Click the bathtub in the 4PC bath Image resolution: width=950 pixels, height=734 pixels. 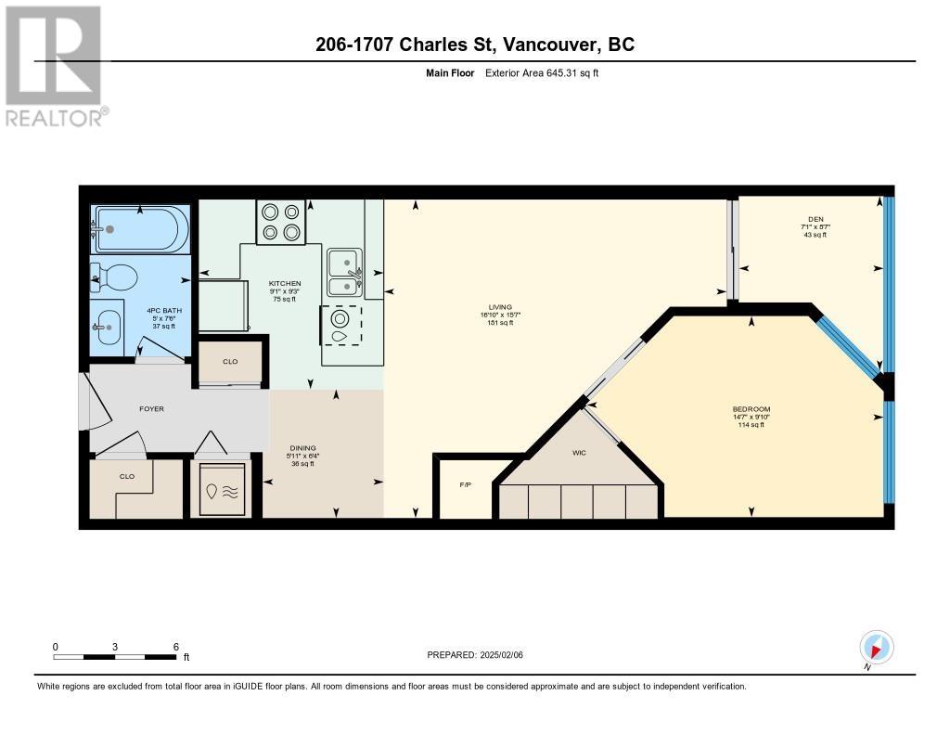(x=140, y=228)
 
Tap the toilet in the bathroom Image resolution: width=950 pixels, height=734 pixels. (x=116, y=277)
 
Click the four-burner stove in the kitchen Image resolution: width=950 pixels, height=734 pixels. (x=280, y=223)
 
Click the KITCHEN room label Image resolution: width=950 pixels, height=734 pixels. (x=285, y=283)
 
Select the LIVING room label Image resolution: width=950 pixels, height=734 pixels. (x=501, y=306)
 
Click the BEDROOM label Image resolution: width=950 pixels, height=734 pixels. (x=751, y=409)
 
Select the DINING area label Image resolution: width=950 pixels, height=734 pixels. (x=300, y=448)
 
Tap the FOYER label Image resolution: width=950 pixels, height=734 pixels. (x=151, y=408)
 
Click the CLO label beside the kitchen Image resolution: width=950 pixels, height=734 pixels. (x=230, y=361)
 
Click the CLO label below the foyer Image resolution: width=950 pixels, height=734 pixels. (x=127, y=476)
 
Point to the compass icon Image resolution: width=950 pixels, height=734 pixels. (x=876, y=647)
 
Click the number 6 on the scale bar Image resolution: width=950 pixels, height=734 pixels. (x=175, y=646)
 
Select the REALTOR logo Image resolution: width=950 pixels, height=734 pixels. (x=56, y=65)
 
